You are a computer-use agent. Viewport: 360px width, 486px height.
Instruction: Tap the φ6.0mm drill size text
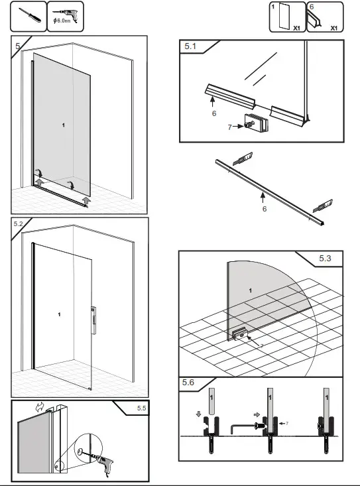64,23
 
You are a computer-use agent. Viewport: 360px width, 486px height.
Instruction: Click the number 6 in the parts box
312,6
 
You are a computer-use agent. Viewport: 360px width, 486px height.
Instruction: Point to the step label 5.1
190,46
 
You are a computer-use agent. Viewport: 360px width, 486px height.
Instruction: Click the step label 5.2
19,224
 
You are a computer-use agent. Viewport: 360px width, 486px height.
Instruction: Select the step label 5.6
188,383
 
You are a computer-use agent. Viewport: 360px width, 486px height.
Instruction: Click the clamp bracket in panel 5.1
254,123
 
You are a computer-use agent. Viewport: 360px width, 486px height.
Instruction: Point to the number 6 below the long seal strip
264,209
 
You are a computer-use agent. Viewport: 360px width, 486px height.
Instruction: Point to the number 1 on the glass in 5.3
250,290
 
